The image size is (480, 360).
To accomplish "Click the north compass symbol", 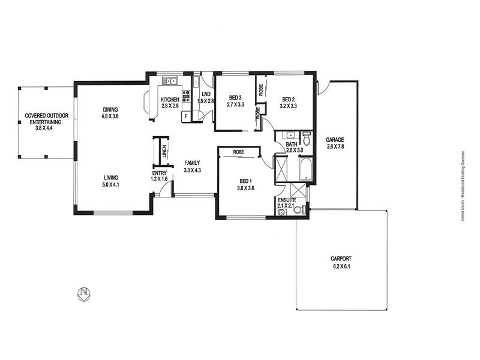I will (83, 293).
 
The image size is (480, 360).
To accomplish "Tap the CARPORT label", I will (340, 259).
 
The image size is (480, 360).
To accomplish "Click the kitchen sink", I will (170, 80).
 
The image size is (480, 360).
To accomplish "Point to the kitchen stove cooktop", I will (187, 96).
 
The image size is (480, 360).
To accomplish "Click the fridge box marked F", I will (186, 116).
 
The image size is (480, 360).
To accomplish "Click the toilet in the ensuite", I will (303, 209).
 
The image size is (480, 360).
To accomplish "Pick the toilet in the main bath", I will (307, 139).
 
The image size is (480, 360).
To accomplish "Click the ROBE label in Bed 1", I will (238, 152).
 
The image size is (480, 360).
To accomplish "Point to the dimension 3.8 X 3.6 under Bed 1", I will (247, 188).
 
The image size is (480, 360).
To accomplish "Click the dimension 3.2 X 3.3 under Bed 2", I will (288, 106).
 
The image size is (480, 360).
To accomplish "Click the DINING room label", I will (110, 109).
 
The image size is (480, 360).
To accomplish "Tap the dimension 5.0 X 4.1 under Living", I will (110, 185).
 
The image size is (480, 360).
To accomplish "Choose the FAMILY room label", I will (192, 163).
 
